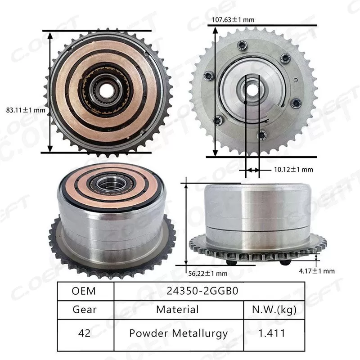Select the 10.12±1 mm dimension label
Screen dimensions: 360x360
click(x=293, y=170)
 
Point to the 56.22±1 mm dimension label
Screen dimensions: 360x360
click(x=208, y=273)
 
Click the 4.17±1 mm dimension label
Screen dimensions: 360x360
click(x=317, y=270)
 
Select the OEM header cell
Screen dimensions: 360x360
click(x=84, y=291)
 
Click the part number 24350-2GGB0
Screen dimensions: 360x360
click(x=208, y=291)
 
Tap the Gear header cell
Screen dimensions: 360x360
click(x=84, y=310)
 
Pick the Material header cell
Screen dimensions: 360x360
click(x=177, y=310)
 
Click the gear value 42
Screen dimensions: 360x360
click(x=84, y=333)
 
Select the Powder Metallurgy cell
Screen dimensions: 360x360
click(x=177, y=333)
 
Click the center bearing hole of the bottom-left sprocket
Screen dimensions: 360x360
click(x=109, y=183)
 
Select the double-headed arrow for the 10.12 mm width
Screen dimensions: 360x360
click(x=252, y=170)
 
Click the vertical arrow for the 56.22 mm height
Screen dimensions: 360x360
click(x=186, y=225)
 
